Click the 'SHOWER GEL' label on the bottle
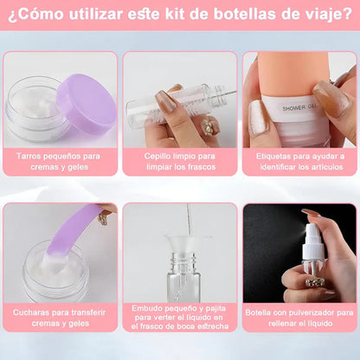300,107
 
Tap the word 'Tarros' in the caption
28,157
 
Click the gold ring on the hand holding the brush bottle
208,125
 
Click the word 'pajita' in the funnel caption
215,309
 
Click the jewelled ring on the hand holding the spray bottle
314,282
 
